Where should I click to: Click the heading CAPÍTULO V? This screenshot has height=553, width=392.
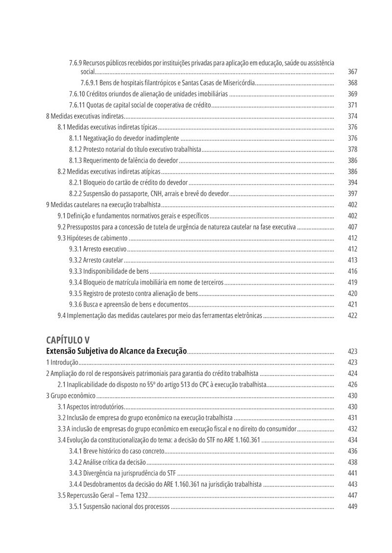tap(68, 339)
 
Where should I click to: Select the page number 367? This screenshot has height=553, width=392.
tap(352, 72)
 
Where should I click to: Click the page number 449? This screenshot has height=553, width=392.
tap(352, 506)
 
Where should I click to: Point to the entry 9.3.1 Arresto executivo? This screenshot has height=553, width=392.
tap(98, 249)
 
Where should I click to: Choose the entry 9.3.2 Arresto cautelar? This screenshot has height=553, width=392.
tap(96, 260)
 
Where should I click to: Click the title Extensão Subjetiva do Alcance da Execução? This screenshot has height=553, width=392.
tap(116, 351)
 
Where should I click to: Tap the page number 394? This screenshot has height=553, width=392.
tap(352, 182)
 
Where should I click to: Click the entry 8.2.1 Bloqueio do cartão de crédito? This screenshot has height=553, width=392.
tap(128, 182)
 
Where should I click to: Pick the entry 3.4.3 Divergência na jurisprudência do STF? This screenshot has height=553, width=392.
tap(122, 473)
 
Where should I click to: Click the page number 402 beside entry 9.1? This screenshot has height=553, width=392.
tap(352, 216)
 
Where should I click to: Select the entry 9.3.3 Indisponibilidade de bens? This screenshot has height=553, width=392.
tap(109, 271)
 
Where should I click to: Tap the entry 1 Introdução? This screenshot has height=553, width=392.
tap(62, 362)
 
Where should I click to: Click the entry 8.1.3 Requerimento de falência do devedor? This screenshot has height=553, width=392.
tap(123, 160)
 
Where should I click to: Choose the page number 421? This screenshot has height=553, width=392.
tap(352, 304)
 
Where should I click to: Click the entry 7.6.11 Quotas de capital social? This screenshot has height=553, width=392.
tap(140, 105)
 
